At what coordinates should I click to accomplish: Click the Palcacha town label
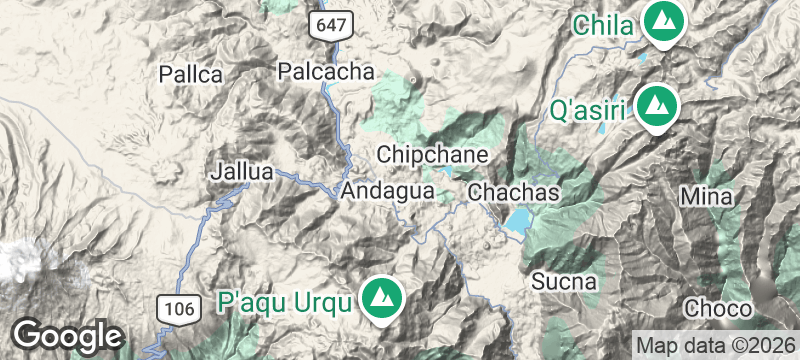[x=326, y=71]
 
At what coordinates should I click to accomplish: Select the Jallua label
[x=242, y=171]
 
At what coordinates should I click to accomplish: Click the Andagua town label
[x=387, y=190]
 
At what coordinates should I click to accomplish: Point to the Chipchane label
[x=432, y=155]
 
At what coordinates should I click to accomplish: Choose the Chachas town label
[x=512, y=190]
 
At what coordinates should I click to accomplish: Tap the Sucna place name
[x=564, y=280]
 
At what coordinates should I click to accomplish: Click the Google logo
[x=67, y=333]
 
